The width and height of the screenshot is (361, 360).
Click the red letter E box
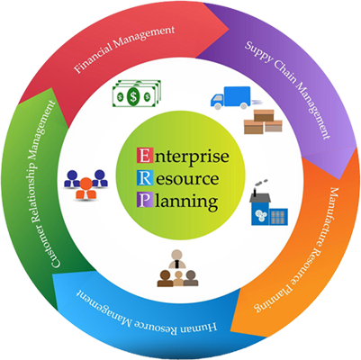[x=144, y=156]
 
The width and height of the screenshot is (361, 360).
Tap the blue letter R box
[x=144, y=178]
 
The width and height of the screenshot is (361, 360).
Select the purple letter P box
[x=144, y=200]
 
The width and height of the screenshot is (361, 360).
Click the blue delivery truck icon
[x=231, y=96]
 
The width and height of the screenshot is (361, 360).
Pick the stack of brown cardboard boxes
[x=263, y=121]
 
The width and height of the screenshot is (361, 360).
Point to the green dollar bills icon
[x=137, y=94]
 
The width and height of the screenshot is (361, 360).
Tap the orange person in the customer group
[x=86, y=188]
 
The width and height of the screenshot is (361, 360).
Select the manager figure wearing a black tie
[x=177, y=259]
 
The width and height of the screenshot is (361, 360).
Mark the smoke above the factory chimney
[x=261, y=183]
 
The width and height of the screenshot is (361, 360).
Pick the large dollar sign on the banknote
[x=133, y=96]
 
